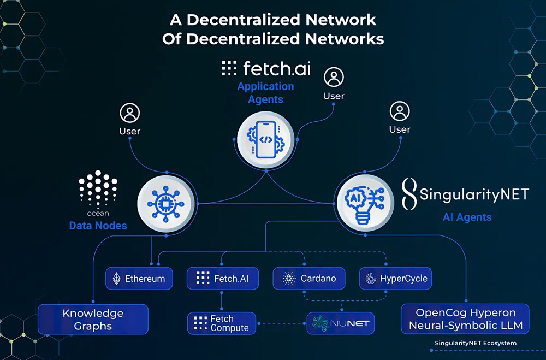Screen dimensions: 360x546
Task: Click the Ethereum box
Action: pyautogui.click(x=139, y=278)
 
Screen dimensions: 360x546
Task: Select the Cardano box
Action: pyautogui.click(x=308, y=278)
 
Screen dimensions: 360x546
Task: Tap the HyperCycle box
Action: pyautogui.click(x=396, y=278)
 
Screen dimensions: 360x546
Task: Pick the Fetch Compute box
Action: pyautogui.click(x=222, y=323)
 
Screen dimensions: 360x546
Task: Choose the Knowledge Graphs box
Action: pyautogui.click(x=93, y=320)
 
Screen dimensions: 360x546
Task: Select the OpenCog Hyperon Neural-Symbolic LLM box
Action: pyautogui.click(x=465, y=320)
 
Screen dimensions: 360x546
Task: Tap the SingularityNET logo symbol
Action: pyautogui.click(x=409, y=194)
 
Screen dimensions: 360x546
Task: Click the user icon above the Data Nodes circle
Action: pyautogui.click(x=129, y=114)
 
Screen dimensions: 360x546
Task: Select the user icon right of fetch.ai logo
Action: pyautogui.click(x=334, y=78)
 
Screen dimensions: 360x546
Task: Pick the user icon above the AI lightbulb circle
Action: pyautogui.click(x=400, y=111)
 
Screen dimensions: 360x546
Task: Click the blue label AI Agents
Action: pyautogui.click(x=467, y=217)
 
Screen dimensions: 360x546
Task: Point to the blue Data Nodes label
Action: pyautogui.click(x=98, y=226)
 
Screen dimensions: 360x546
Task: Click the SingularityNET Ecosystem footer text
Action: pyautogui.click(x=475, y=343)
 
